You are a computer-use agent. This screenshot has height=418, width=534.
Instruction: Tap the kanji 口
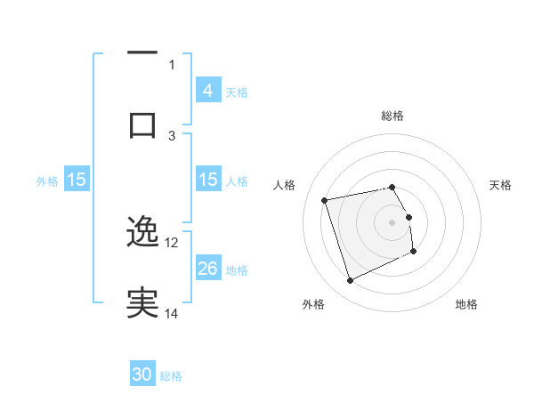142,124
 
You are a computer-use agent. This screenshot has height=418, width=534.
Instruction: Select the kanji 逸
142,231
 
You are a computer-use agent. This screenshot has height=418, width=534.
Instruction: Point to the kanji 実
142,303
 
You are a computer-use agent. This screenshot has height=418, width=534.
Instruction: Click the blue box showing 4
207,91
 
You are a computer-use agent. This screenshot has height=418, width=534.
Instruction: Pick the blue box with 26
207,269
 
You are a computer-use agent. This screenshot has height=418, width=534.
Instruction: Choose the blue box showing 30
142,375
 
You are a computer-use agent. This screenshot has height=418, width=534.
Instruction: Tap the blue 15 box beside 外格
77,181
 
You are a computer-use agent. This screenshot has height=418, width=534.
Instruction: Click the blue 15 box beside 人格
207,181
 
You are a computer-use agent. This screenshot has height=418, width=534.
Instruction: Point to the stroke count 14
172,313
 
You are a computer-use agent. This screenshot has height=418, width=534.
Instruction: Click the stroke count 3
172,135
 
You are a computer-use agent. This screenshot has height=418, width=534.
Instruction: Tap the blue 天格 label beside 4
237,92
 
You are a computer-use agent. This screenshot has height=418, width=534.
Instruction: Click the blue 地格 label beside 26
237,269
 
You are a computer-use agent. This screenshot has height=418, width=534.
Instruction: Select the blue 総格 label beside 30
171,376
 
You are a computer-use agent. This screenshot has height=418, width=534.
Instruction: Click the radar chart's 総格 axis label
392,116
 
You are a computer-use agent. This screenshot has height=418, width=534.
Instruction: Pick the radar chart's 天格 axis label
501,185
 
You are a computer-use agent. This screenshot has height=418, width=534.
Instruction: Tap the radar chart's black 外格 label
313,304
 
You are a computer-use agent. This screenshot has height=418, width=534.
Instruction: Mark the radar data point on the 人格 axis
325,199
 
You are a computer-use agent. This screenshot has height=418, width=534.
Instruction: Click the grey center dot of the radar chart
392,221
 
